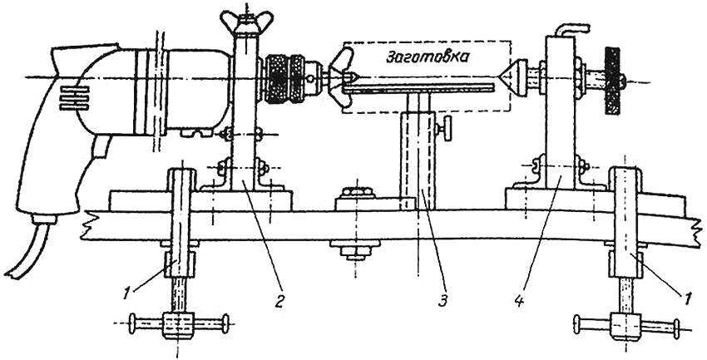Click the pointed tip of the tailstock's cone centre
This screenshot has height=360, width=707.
[x=500, y=78]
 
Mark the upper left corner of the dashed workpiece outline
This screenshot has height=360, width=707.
[x=343, y=42]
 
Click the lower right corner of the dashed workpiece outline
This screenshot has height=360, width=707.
[x=511, y=113]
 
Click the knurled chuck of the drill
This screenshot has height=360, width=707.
[x=291, y=79]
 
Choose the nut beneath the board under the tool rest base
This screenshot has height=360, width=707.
[x=355, y=250]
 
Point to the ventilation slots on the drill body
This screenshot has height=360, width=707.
[x=74, y=98]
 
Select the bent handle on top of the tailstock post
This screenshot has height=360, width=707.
[x=571, y=29]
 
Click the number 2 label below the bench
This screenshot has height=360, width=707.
[x=280, y=301]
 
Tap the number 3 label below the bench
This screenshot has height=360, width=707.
[x=443, y=301]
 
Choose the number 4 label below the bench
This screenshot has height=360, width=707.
[x=519, y=301]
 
